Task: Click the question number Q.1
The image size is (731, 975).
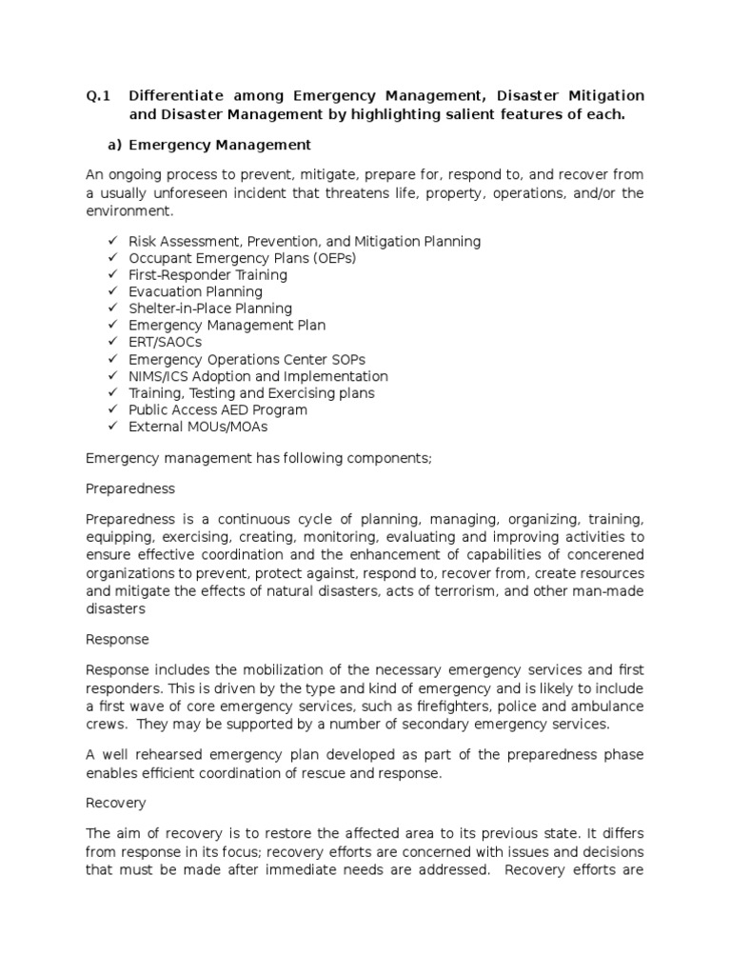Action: [99, 96]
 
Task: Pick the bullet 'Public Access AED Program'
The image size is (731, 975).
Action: [218, 409]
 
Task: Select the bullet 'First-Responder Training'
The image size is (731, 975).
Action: [207, 275]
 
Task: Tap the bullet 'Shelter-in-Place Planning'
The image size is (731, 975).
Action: [210, 308]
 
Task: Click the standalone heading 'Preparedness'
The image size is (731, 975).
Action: [130, 488]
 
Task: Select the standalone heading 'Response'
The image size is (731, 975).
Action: [117, 639]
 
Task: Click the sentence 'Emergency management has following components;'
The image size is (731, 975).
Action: [259, 458]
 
